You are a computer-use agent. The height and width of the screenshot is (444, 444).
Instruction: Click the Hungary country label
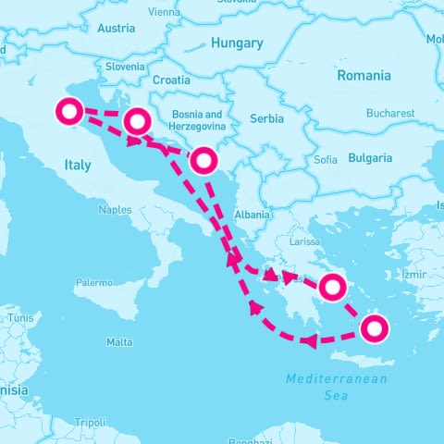pyautogui.click(x=237, y=43)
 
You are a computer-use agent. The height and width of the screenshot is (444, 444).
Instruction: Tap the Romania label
pyautogui.click(x=364, y=75)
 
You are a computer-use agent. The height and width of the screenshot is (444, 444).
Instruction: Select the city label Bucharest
pyautogui.click(x=389, y=114)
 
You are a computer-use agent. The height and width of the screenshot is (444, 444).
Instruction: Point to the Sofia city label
pyautogui.click(x=326, y=160)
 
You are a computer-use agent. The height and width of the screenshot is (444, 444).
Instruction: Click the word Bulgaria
pyautogui.click(x=370, y=158)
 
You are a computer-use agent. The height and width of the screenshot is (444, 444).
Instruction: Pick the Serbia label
pyautogui.click(x=267, y=118)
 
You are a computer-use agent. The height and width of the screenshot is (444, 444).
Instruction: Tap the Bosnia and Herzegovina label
pyautogui.click(x=196, y=121)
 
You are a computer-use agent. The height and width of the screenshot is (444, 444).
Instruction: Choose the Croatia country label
pyautogui.click(x=171, y=80)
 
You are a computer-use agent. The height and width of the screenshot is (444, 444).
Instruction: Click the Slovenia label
pyautogui.click(x=125, y=67)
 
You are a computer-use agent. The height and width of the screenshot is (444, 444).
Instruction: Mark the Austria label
pyautogui.click(x=116, y=28)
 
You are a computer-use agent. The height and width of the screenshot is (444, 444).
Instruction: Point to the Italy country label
pyautogui.click(x=78, y=166)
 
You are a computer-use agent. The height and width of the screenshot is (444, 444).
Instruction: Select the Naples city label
pyautogui.click(x=115, y=210)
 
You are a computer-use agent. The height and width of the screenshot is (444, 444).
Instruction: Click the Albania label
pyautogui.click(x=253, y=215)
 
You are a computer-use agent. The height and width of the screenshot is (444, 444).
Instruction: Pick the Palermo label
pyautogui.click(x=93, y=282)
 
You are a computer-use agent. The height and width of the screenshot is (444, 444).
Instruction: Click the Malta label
pyautogui.click(x=119, y=342)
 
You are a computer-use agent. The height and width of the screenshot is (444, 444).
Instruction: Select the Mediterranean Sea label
pyautogui.click(x=337, y=387)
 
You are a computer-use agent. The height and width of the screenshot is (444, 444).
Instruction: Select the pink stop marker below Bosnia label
pyautogui.click(x=203, y=162)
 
